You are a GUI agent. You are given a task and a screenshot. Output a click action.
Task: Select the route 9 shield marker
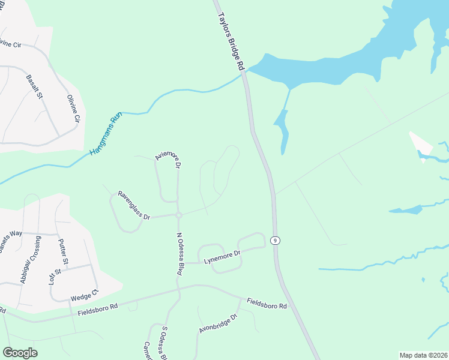pyautogui.click(x=275, y=241)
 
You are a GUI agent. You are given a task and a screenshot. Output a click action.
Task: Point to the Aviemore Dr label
pyautogui.click(x=168, y=158)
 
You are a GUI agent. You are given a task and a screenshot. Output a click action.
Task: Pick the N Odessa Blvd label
pyautogui.click(x=179, y=254)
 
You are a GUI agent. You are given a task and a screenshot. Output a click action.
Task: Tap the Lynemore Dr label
pyautogui.click(x=222, y=257)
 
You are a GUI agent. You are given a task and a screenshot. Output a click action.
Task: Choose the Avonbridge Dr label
pyautogui.click(x=217, y=322)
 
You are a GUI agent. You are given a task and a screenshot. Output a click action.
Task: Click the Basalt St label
pyautogui.click(x=35, y=86)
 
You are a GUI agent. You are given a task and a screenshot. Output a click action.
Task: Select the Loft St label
pyautogui.click(x=55, y=280)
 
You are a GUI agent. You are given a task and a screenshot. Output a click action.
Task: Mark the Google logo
pyautogui.click(x=20, y=353)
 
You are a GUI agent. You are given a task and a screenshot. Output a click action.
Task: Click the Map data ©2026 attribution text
pyautogui.click(x=423, y=355)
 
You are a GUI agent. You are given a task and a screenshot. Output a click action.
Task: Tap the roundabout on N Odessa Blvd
pyautogui.click(x=178, y=215)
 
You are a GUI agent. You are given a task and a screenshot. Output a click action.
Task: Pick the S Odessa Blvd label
pyautogui.click(x=162, y=343)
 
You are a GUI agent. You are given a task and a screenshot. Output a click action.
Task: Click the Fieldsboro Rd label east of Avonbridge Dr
pyautogui.click(x=267, y=303)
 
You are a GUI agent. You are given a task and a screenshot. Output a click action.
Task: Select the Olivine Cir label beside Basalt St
pyautogui.click(x=73, y=108)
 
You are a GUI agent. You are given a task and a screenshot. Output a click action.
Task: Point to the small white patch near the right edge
pyautogui.click(x=421, y=144)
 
